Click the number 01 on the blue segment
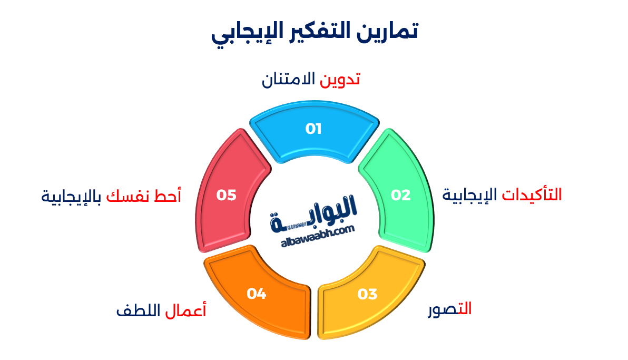coord(313,129)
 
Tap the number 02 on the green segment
coord(400,195)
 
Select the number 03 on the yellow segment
coord(367,294)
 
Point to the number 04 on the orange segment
coord(257,294)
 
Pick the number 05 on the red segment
coord(226,195)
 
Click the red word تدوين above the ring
coord(340,79)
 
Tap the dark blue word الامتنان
coord(289,79)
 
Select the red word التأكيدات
coord(532,194)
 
